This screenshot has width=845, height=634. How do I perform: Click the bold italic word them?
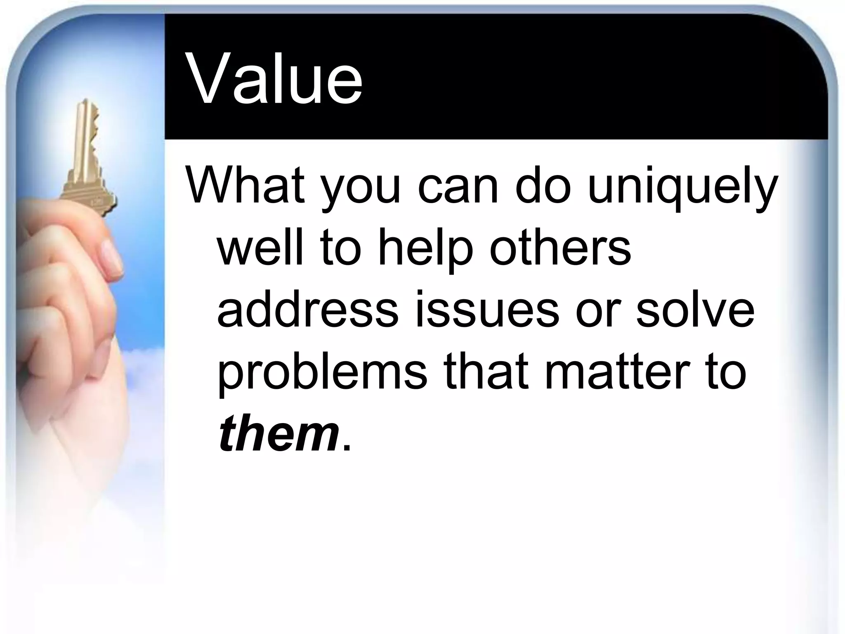coord(279,434)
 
